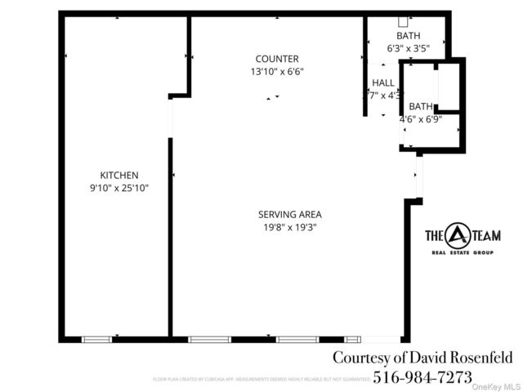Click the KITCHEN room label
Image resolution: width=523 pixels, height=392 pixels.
119,176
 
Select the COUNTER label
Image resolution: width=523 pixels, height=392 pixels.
276,59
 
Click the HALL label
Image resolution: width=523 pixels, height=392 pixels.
383,83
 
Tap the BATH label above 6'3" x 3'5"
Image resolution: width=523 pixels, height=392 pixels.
407,37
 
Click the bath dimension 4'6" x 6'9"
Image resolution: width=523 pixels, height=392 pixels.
421,119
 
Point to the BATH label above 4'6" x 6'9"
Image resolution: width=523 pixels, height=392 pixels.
421,107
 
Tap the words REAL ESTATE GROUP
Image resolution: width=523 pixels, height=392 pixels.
464,254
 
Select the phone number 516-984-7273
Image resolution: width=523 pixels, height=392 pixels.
422,376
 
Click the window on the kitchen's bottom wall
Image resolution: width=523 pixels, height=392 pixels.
96,339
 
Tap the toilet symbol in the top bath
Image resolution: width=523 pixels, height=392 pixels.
403,22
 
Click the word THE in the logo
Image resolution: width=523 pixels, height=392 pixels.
434,237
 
